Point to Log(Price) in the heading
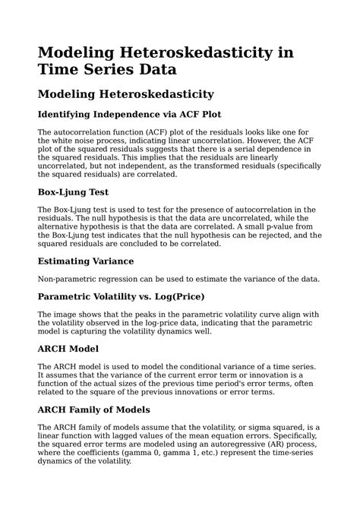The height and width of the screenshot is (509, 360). [177, 296]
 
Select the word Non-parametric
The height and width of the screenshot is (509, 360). [69, 278]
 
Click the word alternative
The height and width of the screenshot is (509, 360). [61, 226]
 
